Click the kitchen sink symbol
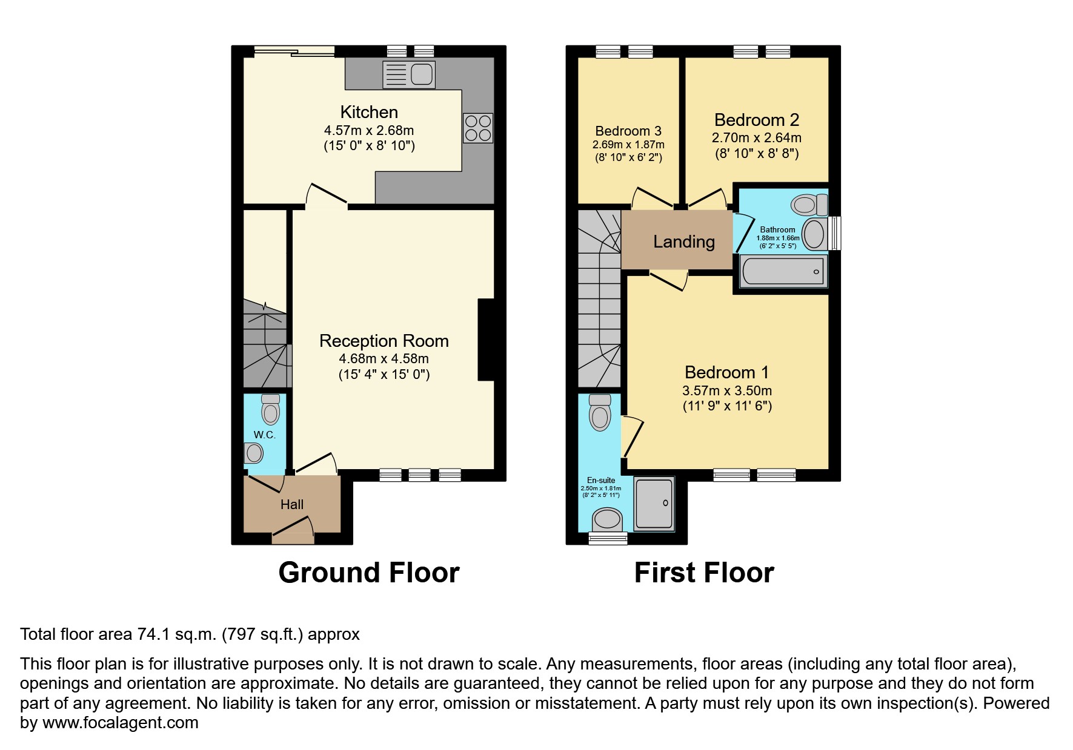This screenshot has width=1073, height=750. tap(409, 74)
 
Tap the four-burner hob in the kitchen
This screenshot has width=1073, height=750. tap(477, 128)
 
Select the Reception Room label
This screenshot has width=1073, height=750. tap(384, 341)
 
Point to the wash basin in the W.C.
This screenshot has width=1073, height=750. tap(254, 453)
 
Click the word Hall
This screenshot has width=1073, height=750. tap(291, 504)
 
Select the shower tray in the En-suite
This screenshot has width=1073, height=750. tap(654, 504)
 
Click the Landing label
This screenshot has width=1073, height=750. tap(683, 242)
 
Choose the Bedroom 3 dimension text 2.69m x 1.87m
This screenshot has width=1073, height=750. tap(628, 145)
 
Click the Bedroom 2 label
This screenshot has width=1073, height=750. tap(757, 120)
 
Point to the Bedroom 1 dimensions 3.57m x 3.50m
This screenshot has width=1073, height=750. tap(727, 390)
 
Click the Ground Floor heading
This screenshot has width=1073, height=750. tap(368, 572)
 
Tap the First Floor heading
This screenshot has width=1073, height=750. tap(703, 572)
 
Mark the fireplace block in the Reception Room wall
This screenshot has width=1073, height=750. tap(487, 340)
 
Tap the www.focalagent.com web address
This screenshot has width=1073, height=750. tap(120, 722)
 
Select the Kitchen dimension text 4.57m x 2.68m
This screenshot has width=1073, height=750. tap(368, 130)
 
